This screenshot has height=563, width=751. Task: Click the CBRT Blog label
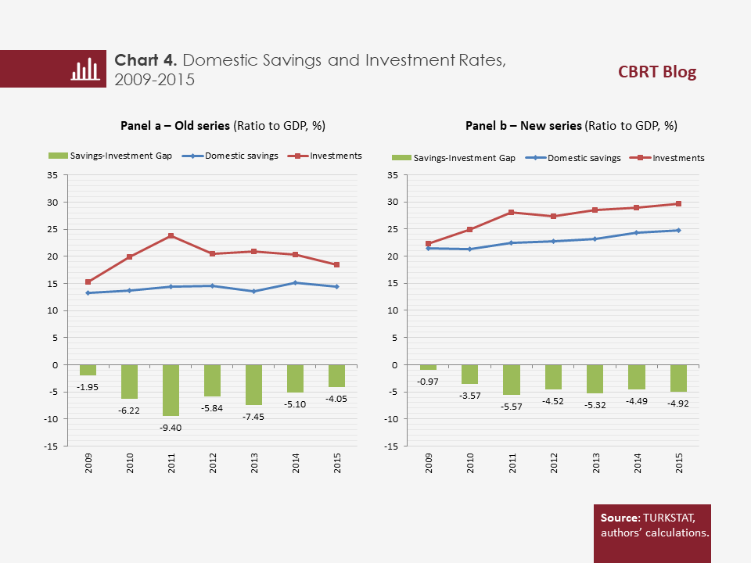coord(656,73)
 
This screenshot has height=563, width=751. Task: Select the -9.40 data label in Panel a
coord(171,428)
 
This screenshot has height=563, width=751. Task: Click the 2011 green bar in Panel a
coord(171,390)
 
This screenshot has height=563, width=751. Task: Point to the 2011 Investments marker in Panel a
coord(171,236)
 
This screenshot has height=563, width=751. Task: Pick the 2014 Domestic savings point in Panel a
coord(296,283)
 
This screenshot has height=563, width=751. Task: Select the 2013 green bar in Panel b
coord(595,379)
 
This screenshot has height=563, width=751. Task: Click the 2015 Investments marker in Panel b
coord(678,204)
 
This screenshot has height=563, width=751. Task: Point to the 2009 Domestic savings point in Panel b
coord(429,249)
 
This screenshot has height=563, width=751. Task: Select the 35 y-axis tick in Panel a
coord(53,175)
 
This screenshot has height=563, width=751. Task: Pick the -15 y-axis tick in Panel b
coord(394,446)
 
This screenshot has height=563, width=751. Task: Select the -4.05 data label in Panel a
coord(337,399)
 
